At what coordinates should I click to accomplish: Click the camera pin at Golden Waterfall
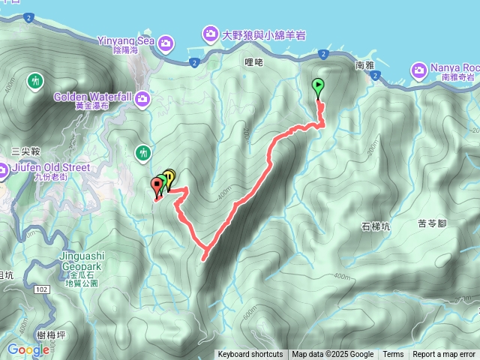(142, 97)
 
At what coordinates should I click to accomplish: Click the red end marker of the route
(157, 184)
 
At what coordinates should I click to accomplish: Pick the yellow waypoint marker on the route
(169, 178)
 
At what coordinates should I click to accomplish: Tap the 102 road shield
(41, 289)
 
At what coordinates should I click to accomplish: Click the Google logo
(28, 349)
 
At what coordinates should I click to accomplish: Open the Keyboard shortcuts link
(250, 355)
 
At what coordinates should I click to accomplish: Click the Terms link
(393, 355)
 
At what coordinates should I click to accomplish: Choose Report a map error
(444, 355)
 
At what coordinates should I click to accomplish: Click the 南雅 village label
(365, 65)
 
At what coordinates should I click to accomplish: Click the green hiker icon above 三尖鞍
(34, 80)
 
